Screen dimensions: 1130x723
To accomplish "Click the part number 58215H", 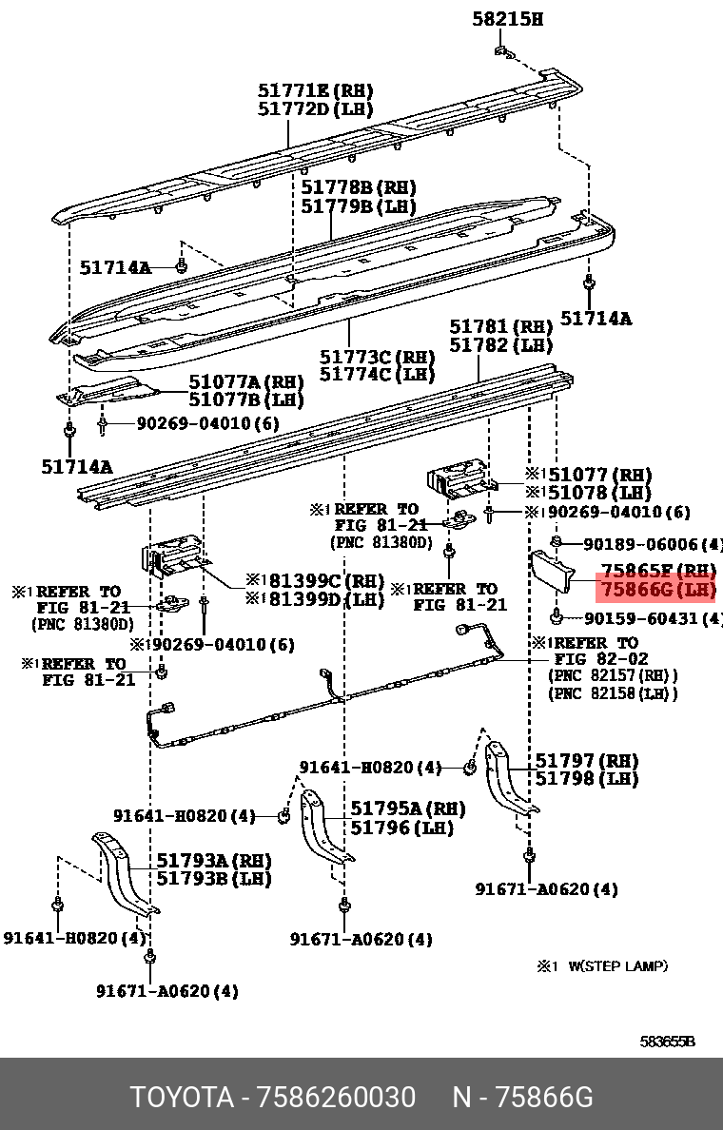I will pyautogui.click(x=508, y=18).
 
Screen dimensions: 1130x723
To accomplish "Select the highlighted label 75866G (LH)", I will pyautogui.click(x=655, y=590).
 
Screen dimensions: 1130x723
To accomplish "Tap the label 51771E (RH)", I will pyautogui.click(x=315, y=90).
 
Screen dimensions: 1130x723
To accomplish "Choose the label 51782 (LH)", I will pyautogui.click(x=501, y=345).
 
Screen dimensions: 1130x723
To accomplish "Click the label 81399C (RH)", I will pyautogui.click(x=314, y=580).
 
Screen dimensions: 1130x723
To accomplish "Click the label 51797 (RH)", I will pyautogui.click(x=586, y=761).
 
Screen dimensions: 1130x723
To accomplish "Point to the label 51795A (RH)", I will pyautogui.click(x=408, y=809).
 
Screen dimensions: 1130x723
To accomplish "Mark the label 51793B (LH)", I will pyautogui.click(x=214, y=878).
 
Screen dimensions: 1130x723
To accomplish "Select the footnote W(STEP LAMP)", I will pyautogui.click(x=618, y=966).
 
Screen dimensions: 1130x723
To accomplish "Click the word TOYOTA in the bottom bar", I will pyautogui.click(x=182, y=1098).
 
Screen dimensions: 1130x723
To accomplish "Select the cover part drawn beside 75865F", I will pyautogui.click(x=551, y=572).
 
